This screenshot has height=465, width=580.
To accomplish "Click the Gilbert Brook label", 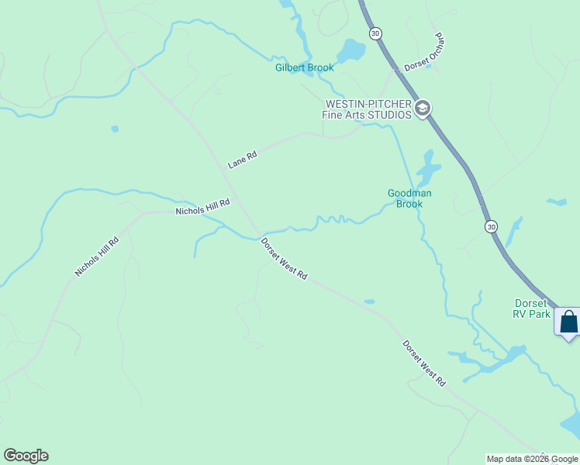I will (x=304, y=68).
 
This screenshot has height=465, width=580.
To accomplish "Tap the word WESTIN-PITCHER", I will (x=368, y=104).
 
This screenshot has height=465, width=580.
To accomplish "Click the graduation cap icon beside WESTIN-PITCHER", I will (x=423, y=108).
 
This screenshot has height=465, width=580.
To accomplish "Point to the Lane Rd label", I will (x=242, y=160).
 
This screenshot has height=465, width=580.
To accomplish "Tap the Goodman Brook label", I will (x=409, y=198).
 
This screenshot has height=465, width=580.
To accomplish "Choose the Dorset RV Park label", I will (x=532, y=308).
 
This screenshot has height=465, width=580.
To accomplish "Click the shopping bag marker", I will (x=568, y=322).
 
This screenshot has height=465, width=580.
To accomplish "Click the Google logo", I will (x=26, y=456).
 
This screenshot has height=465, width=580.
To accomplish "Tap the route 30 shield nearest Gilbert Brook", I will (x=376, y=33).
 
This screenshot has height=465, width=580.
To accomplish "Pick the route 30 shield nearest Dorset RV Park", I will (x=491, y=226).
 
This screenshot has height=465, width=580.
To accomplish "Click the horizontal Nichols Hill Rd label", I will (x=203, y=207).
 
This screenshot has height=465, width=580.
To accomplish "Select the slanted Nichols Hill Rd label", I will (x=97, y=257).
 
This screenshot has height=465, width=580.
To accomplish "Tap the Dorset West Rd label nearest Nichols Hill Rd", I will (x=284, y=260).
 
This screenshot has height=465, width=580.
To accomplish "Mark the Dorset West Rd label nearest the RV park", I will (x=424, y=363).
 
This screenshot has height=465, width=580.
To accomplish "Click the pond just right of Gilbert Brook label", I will (x=353, y=51).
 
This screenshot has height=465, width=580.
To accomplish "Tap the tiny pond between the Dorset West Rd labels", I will (x=369, y=301).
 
